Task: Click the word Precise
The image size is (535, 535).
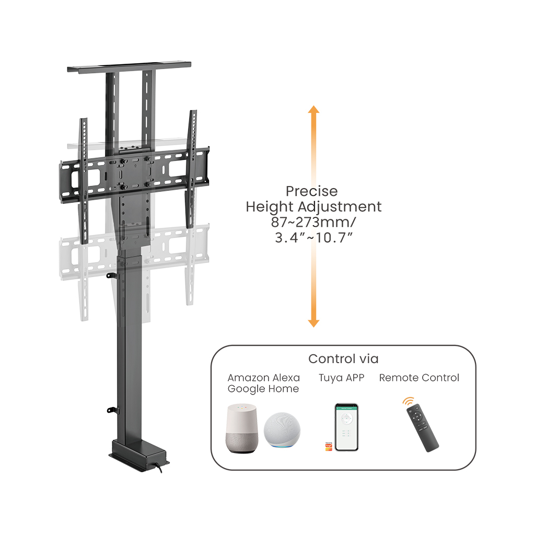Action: coord(311,192)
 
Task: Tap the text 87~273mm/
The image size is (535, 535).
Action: coord(313,222)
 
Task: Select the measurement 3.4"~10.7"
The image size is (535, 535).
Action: coord(314,238)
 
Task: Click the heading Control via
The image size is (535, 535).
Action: coord(343,359)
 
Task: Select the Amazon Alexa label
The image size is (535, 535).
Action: coord(263,378)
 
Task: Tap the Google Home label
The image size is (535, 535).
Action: coord(263,389)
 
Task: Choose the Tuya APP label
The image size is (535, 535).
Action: coord(341,378)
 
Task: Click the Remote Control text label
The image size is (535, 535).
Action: coord(419,378)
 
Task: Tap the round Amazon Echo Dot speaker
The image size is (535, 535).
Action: coord(282,429)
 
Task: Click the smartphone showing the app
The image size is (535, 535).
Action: coord(346,427)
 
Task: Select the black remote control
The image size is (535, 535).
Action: coord(423,428)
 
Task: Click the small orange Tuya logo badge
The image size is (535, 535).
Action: coord(329,446)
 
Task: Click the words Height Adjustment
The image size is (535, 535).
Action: coord(313,207)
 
